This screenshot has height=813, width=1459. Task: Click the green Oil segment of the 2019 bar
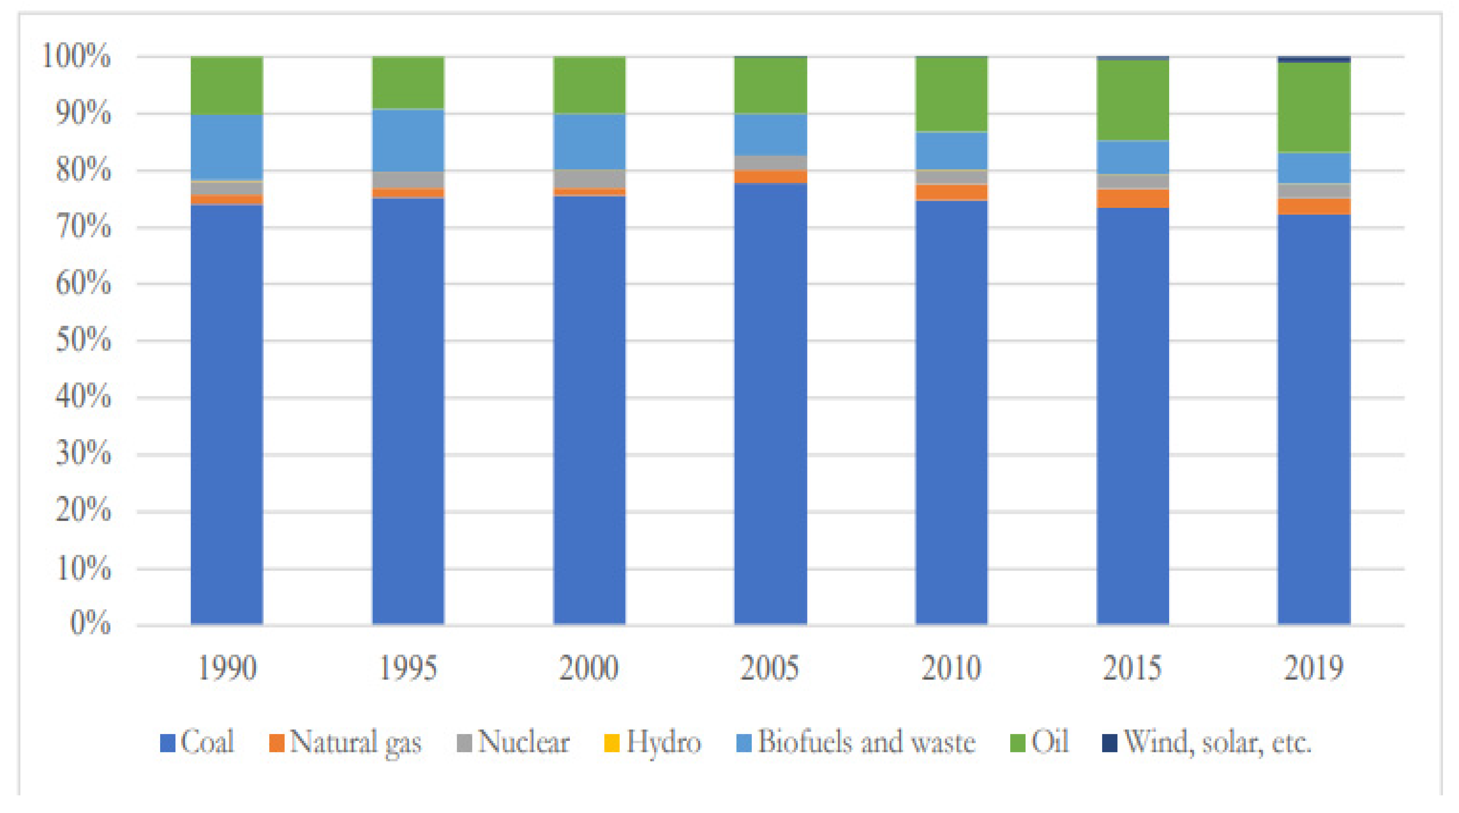1314,107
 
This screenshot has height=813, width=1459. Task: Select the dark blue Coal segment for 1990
227,413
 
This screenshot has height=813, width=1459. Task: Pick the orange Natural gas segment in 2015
1132,199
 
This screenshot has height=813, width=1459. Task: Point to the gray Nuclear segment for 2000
589,179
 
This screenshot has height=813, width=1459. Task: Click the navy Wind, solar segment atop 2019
1314,59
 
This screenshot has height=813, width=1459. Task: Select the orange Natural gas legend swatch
276,743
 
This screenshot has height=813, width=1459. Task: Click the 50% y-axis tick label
83,340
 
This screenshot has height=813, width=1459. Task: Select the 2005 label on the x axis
770,668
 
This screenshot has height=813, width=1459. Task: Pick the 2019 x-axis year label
1314,668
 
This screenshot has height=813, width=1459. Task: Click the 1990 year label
227,668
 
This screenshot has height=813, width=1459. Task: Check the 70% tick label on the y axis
83,227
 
